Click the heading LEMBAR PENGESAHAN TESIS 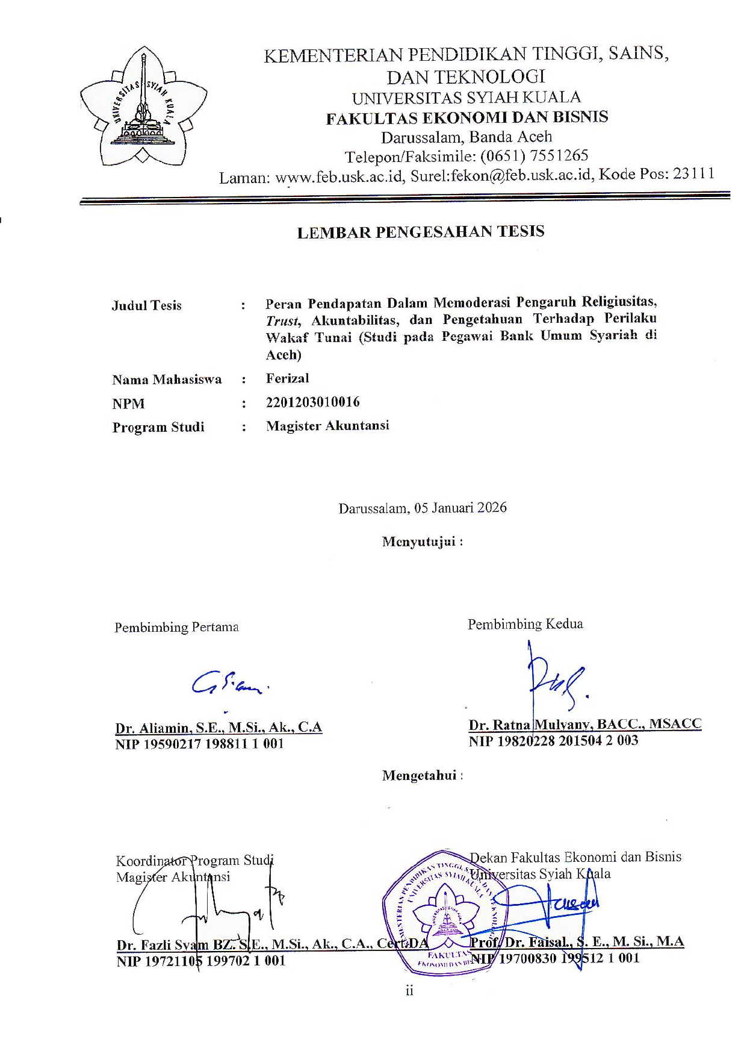[421, 232]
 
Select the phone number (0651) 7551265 [534, 155]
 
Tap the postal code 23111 [693, 174]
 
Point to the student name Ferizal [287, 378]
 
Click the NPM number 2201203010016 [312, 402]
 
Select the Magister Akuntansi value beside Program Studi [327, 426]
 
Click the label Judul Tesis [146, 305]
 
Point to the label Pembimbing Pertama [176, 627]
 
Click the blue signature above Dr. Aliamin [229, 683]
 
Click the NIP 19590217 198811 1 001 [199, 744]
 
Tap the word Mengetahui [420, 775]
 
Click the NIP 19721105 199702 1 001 [200, 961]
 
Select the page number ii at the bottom [409, 991]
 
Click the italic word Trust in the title [282, 321]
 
